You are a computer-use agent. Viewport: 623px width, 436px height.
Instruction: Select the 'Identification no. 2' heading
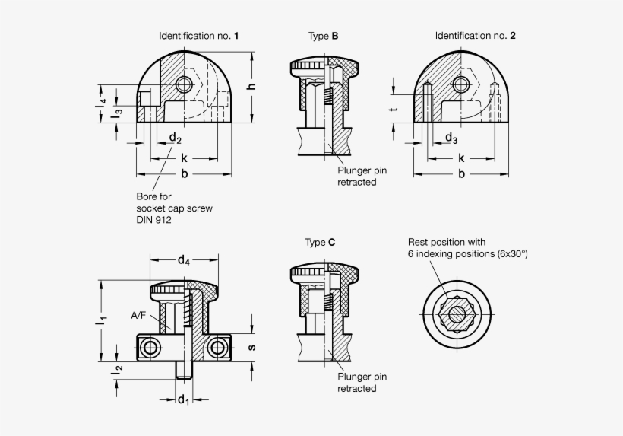pyautogui.click(x=476, y=36)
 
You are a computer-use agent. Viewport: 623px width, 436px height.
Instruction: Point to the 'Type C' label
pyautogui.click(x=320, y=243)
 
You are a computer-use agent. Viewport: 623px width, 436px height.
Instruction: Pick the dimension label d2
pyautogui.click(x=175, y=138)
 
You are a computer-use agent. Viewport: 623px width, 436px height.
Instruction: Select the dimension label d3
pyautogui.click(x=451, y=138)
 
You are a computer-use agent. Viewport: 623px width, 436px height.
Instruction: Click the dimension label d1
pyautogui.click(x=183, y=400)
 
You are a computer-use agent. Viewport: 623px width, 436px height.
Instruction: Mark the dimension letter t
pyautogui.click(x=394, y=109)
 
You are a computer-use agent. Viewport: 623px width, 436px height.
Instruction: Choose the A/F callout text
pyautogui.click(x=139, y=315)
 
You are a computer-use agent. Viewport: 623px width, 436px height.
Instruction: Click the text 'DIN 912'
pyautogui.click(x=154, y=220)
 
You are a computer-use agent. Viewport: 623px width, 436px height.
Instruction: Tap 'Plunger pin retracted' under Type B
pyautogui.click(x=362, y=177)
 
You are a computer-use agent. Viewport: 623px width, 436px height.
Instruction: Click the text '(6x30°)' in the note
pyautogui.click(x=511, y=253)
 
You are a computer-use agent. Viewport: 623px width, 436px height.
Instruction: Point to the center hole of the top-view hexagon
pyautogui.click(x=457, y=313)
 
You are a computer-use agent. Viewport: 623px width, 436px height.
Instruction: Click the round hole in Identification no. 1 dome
pyautogui.click(x=183, y=84)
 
